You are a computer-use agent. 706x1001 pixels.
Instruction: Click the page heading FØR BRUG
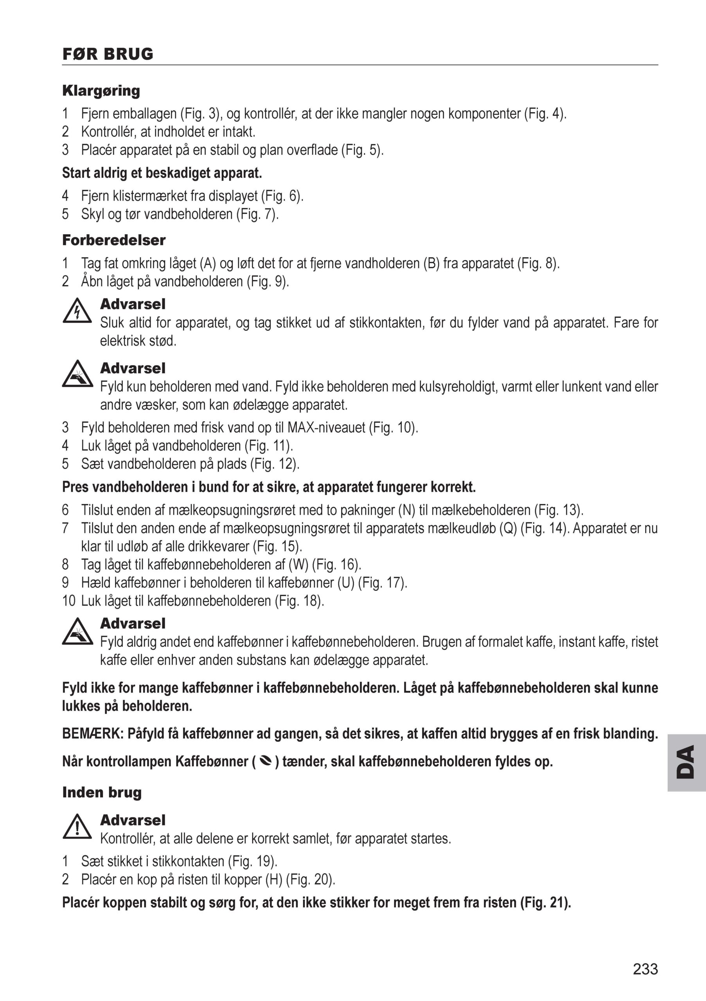click(x=108, y=54)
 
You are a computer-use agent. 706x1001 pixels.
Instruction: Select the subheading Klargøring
click(x=101, y=91)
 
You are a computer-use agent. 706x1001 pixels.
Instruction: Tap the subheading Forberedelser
click(x=114, y=240)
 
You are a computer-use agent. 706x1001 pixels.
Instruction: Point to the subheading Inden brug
click(x=102, y=792)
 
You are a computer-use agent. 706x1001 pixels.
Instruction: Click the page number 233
click(x=645, y=969)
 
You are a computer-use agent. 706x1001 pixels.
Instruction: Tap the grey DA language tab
click(x=686, y=762)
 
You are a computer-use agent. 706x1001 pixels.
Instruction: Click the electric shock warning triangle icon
click(x=77, y=311)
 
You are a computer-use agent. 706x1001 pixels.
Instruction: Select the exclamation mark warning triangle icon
click(x=77, y=827)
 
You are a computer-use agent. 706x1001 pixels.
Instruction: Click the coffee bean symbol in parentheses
click(x=266, y=761)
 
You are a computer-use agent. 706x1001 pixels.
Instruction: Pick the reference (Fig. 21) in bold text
click(x=545, y=902)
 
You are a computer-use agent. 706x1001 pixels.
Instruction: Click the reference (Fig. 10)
click(x=393, y=427)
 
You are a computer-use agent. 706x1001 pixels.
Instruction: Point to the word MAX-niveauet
click(x=326, y=427)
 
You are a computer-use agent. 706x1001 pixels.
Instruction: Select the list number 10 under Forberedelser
click(x=69, y=601)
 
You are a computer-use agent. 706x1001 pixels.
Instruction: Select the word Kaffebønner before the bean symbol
click(x=212, y=761)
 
